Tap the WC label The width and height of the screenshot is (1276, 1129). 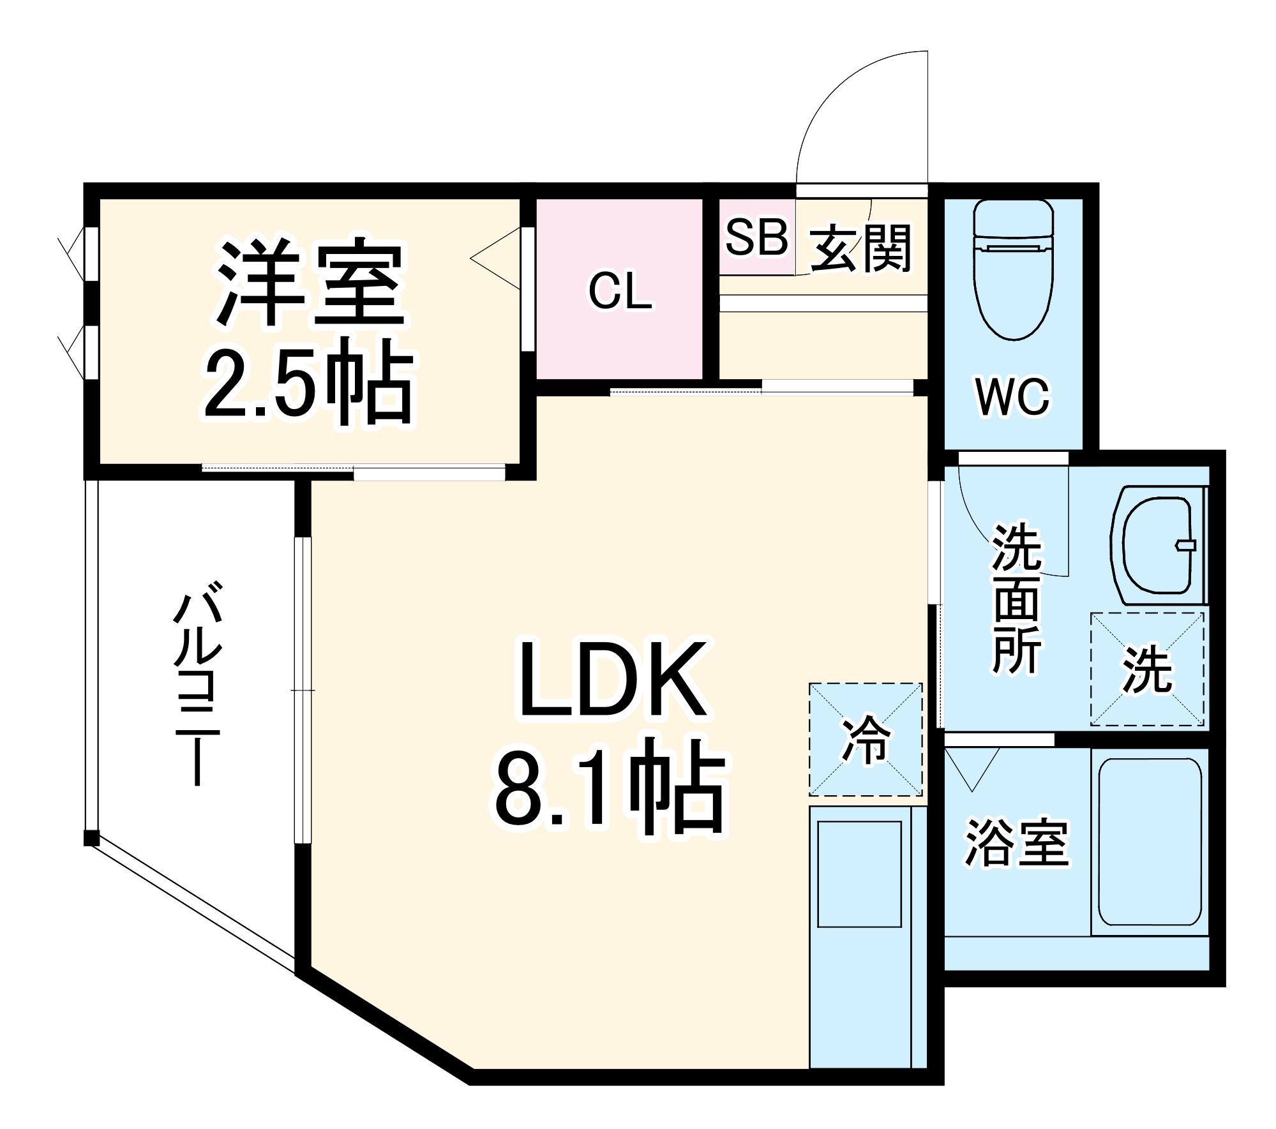pos(1012,397)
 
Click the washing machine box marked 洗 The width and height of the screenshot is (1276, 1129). pos(1147,669)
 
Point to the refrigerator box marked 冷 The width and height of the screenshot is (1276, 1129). pos(866,740)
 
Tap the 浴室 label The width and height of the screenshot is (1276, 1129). pos(1016,842)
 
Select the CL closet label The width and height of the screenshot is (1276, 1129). pos(620,292)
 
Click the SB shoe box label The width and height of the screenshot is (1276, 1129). pos(756,237)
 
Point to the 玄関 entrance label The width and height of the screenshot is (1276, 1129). pos(861,248)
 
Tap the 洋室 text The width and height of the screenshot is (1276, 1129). pos(311,281)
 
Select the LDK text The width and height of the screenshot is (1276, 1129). pos(613,680)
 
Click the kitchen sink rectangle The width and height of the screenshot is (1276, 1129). pos(859,874)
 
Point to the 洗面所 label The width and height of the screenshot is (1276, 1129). pos(1016,598)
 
